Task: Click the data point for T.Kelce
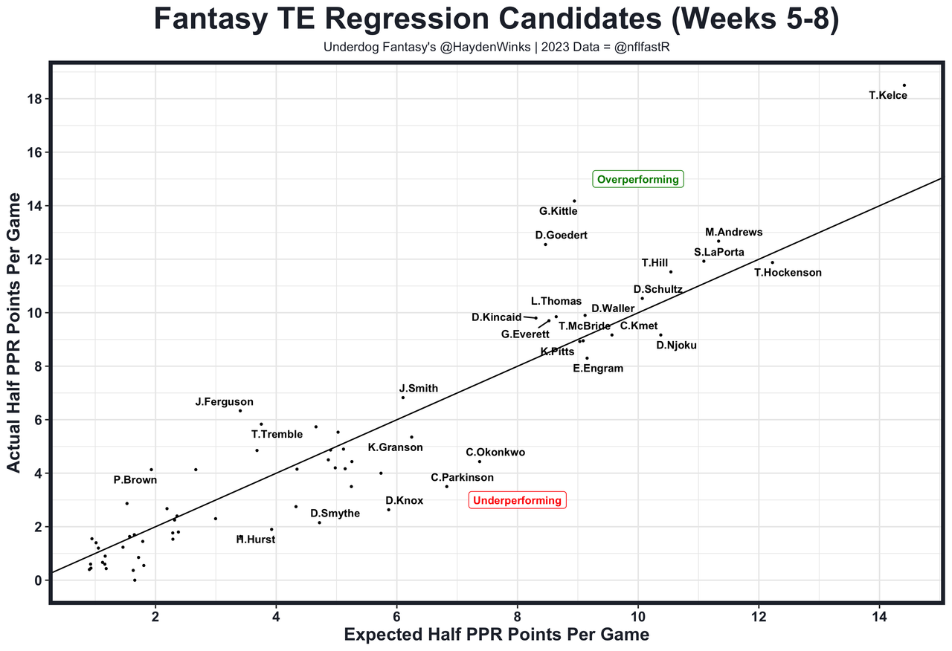coord(904,85)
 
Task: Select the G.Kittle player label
coord(558,212)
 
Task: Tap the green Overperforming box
coord(638,179)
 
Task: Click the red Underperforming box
coord(517,500)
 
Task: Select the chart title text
coord(496,20)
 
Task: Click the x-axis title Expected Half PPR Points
coord(496,635)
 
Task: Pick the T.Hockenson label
coord(788,273)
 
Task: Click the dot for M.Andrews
coord(718,241)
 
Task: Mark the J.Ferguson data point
coord(240,411)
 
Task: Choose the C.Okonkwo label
coord(495,452)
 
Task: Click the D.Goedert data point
coord(545,244)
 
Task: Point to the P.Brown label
coord(135,480)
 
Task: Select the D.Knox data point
coord(388,510)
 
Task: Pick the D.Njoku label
coord(676,345)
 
